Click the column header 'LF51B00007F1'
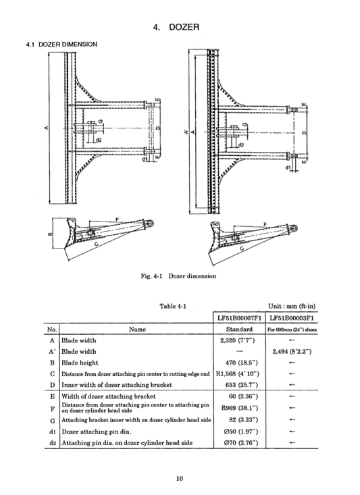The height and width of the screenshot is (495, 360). coord(238,317)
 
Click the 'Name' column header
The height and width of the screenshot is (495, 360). coord(137,330)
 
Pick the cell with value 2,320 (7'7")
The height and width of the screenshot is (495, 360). coord(237,340)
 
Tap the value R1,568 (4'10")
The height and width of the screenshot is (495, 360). coord(237,373)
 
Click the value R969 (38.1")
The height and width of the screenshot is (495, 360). coord(237,407)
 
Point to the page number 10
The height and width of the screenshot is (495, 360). coord(180,479)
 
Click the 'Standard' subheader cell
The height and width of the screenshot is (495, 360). coord(237,330)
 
